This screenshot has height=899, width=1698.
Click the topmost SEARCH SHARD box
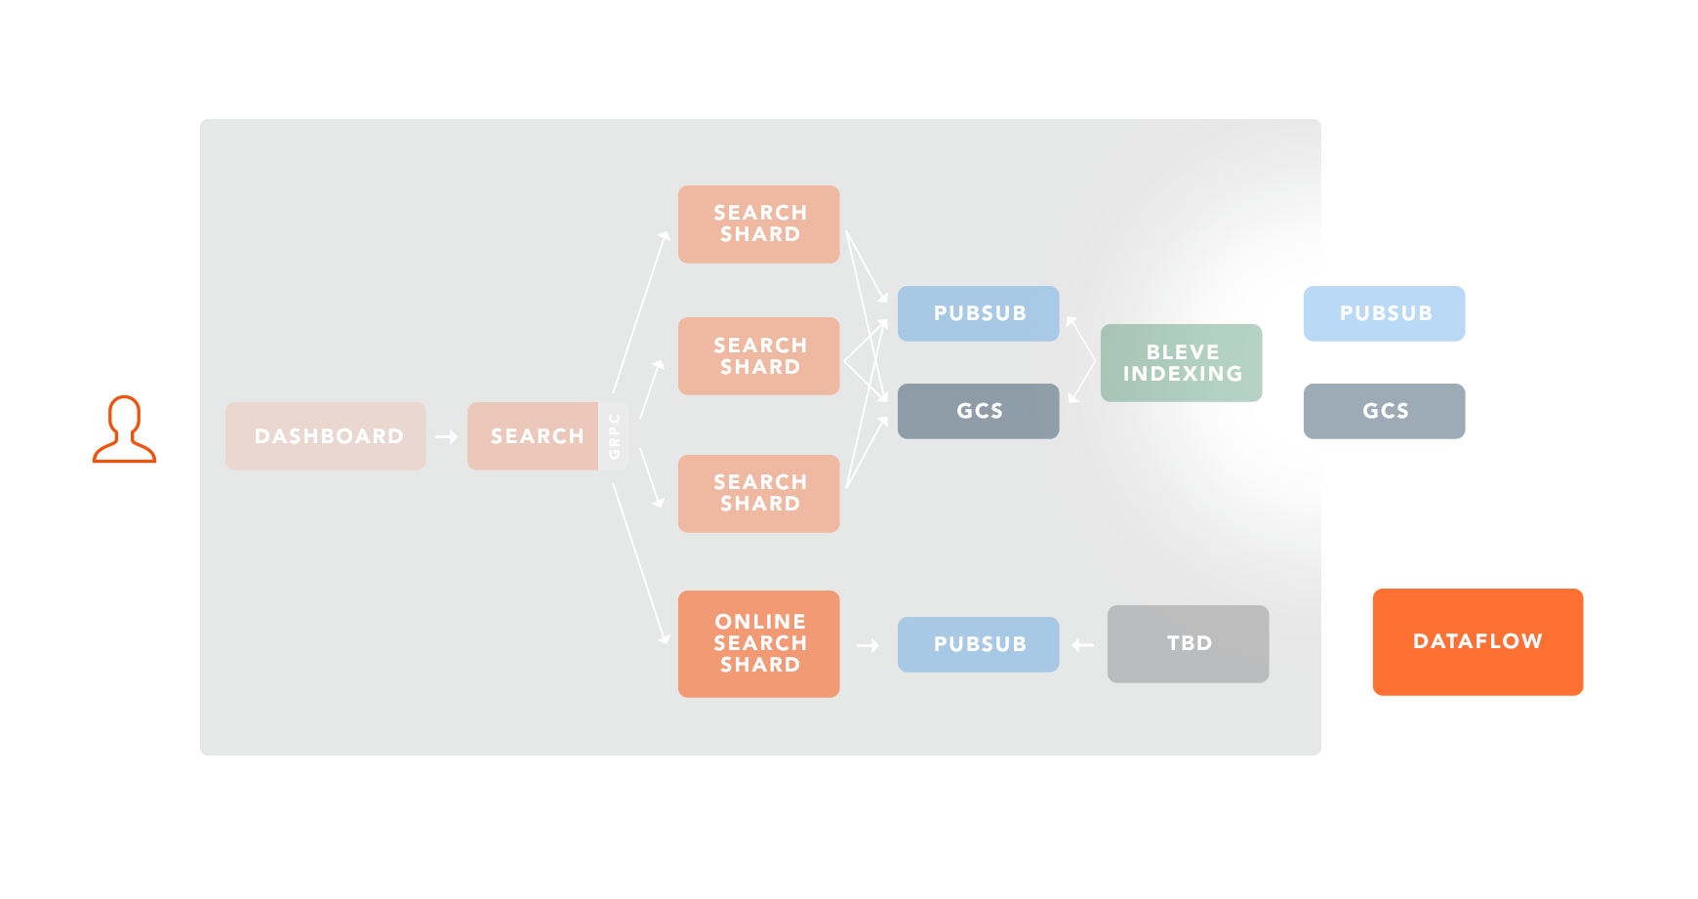[x=759, y=225]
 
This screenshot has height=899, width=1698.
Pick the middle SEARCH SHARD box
[x=759, y=356]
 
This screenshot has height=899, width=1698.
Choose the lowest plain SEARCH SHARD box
[x=759, y=493]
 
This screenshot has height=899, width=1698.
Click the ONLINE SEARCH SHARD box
[x=759, y=643]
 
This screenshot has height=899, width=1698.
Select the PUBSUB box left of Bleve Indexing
[x=978, y=313]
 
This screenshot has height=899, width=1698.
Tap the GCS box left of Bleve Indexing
[x=978, y=411]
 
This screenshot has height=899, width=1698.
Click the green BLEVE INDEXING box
[x=1182, y=363]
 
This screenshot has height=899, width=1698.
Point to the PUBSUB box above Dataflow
[x=1384, y=313]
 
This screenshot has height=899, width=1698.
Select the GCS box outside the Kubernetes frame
[x=1384, y=411]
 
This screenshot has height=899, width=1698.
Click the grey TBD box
[x=1188, y=643]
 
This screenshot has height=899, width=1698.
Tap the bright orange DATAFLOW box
[x=1477, y=641]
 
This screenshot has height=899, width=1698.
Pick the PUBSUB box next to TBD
[x=978, y=644]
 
